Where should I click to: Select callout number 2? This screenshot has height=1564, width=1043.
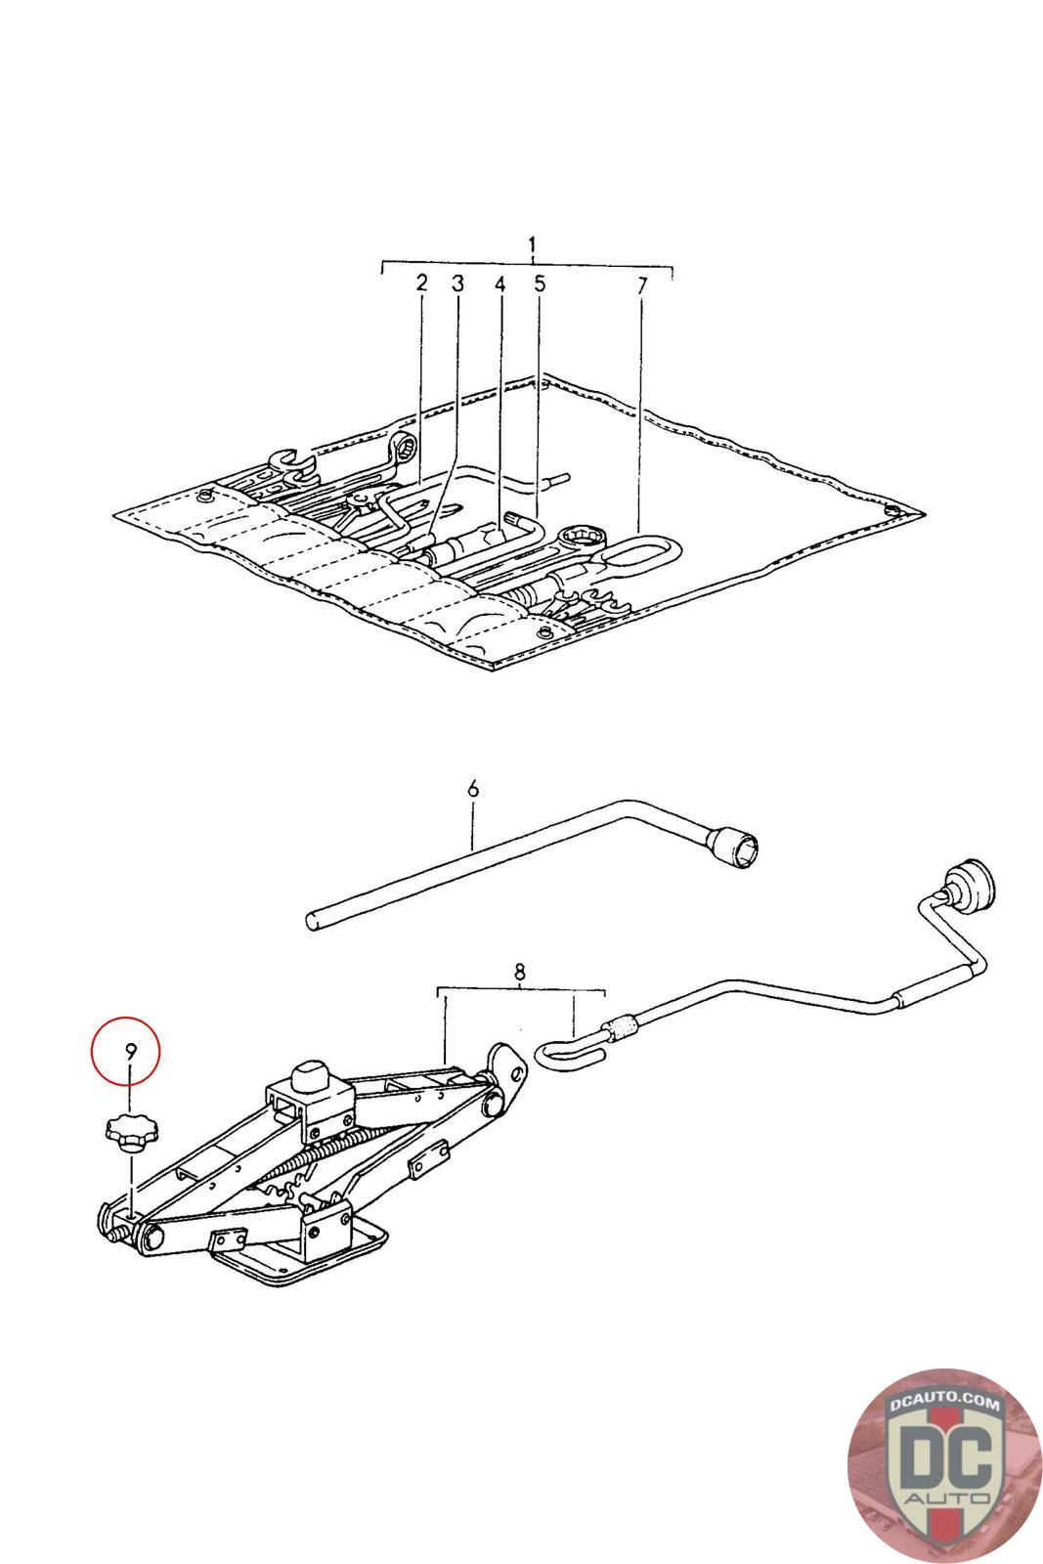421,283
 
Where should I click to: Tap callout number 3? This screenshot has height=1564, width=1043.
457,283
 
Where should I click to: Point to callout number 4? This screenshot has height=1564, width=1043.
500,284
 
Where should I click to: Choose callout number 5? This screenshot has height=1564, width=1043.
539,283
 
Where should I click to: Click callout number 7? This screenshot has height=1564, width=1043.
641,286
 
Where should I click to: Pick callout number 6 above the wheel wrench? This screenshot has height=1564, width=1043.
473,788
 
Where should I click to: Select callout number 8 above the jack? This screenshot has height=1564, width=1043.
519,972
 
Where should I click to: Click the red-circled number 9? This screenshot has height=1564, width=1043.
129,1052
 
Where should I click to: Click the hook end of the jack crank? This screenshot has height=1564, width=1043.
560,1050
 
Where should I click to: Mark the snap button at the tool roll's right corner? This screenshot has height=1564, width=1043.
891,510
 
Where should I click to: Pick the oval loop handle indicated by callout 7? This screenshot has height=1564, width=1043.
634,559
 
